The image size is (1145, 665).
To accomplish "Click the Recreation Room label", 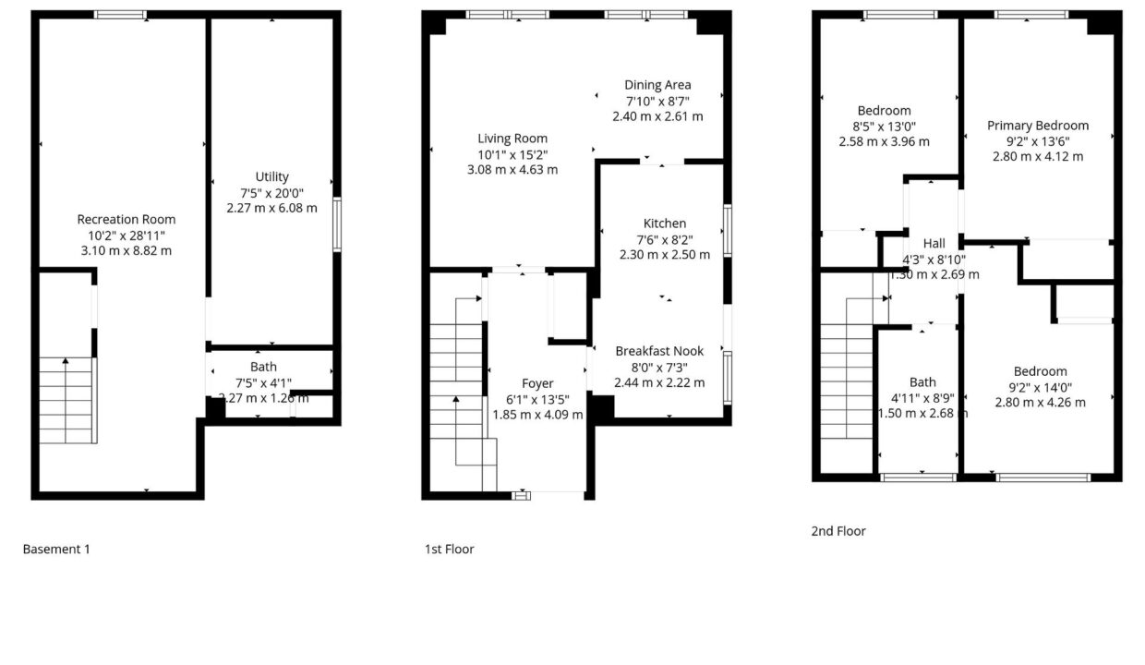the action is [x=127, y=219].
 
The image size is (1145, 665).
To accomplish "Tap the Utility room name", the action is [x=271, y=176].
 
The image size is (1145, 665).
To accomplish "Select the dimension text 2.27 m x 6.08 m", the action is [x=271, y=208].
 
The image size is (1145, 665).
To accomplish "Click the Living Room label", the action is [x=512, y=139].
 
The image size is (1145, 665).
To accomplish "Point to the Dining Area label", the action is [x=657, y=85].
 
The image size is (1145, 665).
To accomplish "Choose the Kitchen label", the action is [x=665, y=224].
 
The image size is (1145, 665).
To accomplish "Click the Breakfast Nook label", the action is [x=659, y=351].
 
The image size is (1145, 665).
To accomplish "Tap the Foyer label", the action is [x=537, y=383].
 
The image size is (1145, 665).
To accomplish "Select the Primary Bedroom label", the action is [x=1038, y=126].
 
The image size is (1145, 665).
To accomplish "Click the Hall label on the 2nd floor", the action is [x=934, y=243].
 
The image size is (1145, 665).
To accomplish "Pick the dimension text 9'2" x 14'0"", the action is [x=1041, y=387].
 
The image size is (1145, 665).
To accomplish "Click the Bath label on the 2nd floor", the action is [x=922, y=382].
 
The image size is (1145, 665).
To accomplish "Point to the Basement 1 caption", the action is [x=56, y=550].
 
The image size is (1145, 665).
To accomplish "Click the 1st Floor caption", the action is [x=450, y=550].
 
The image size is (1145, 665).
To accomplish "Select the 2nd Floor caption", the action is [x=838, y=532].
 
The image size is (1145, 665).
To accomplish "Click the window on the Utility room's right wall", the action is [x=337, y=224].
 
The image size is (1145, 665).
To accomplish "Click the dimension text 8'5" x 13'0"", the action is [x=885, y=127].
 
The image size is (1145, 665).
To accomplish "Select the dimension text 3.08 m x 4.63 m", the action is [x=512, y=170].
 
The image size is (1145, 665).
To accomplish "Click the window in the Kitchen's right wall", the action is [x=728, y=231].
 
